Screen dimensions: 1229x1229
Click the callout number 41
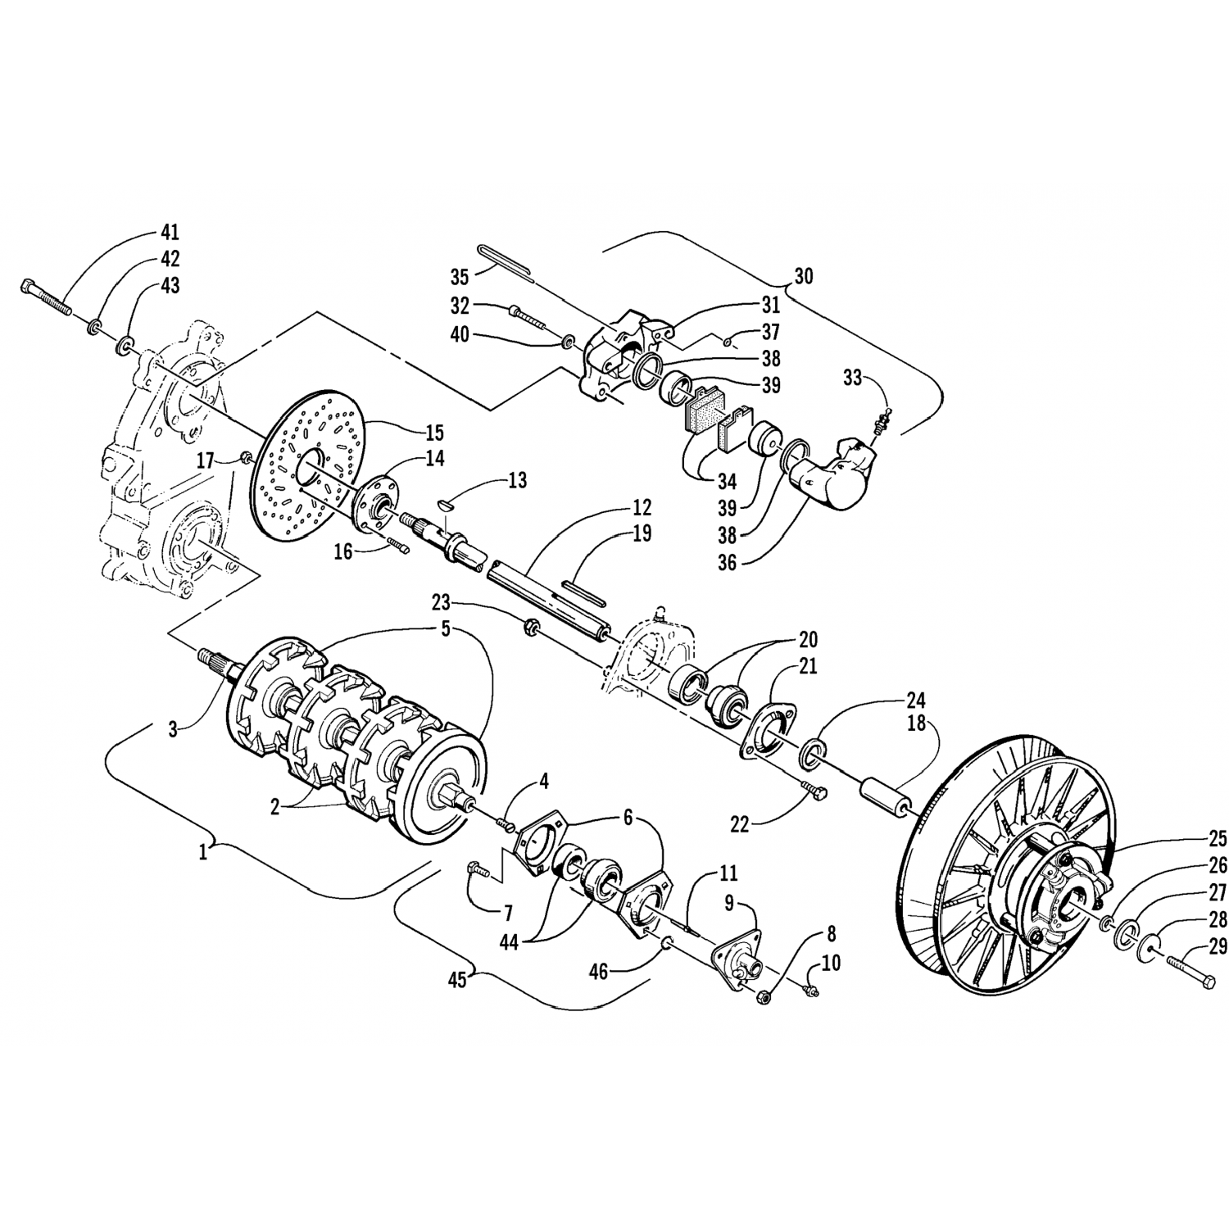[170, 232]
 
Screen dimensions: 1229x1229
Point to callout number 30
[803, 276]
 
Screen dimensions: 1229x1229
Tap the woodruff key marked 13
[443, 506]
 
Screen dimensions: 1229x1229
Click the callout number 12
[641, 506]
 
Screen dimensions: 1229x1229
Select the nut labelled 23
[530, 630]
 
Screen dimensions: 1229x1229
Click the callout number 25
[1218, 838]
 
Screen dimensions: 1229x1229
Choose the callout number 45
[456, 980]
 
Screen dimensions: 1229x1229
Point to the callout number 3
[173, 730]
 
